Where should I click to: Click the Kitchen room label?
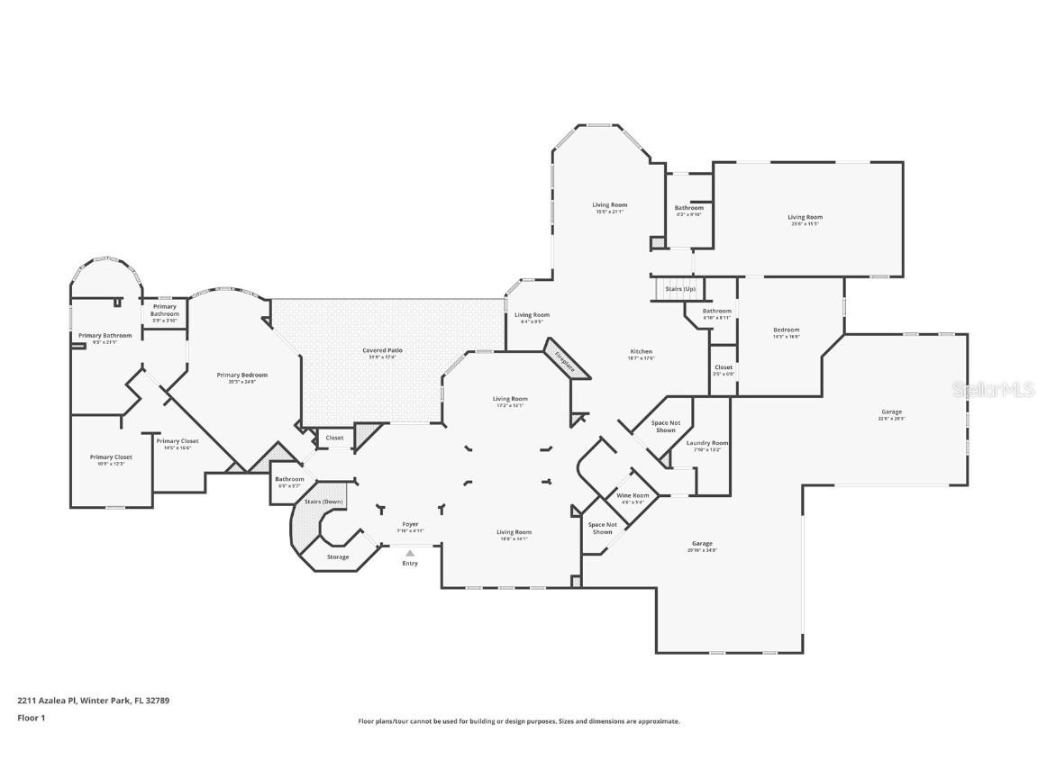(x=641, y=351)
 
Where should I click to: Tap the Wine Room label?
(x=633, y=496)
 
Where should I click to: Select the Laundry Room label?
(x=707, y=443)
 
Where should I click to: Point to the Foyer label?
(x=410, y=524)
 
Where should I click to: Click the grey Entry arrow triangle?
(x=410, y=554)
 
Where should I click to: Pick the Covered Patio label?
(x=382, y=350)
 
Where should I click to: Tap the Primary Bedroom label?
(x=241, y=375)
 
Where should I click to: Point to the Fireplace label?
(x=565, y=360)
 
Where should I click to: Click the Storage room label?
(x=338, y=557)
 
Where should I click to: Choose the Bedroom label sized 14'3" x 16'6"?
(x=786, y=330)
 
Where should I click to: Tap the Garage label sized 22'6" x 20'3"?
(x=891, y=412)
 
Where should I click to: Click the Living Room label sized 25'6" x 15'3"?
(x=805, y=217)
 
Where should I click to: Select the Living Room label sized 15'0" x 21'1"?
(x=610, y=205)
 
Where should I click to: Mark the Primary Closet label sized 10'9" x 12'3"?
(x=111, y=457)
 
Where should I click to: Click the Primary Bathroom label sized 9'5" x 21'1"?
(x=105, y=336)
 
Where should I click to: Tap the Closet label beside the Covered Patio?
(x=334, y=438)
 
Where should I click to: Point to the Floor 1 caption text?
(x=31, y=718)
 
